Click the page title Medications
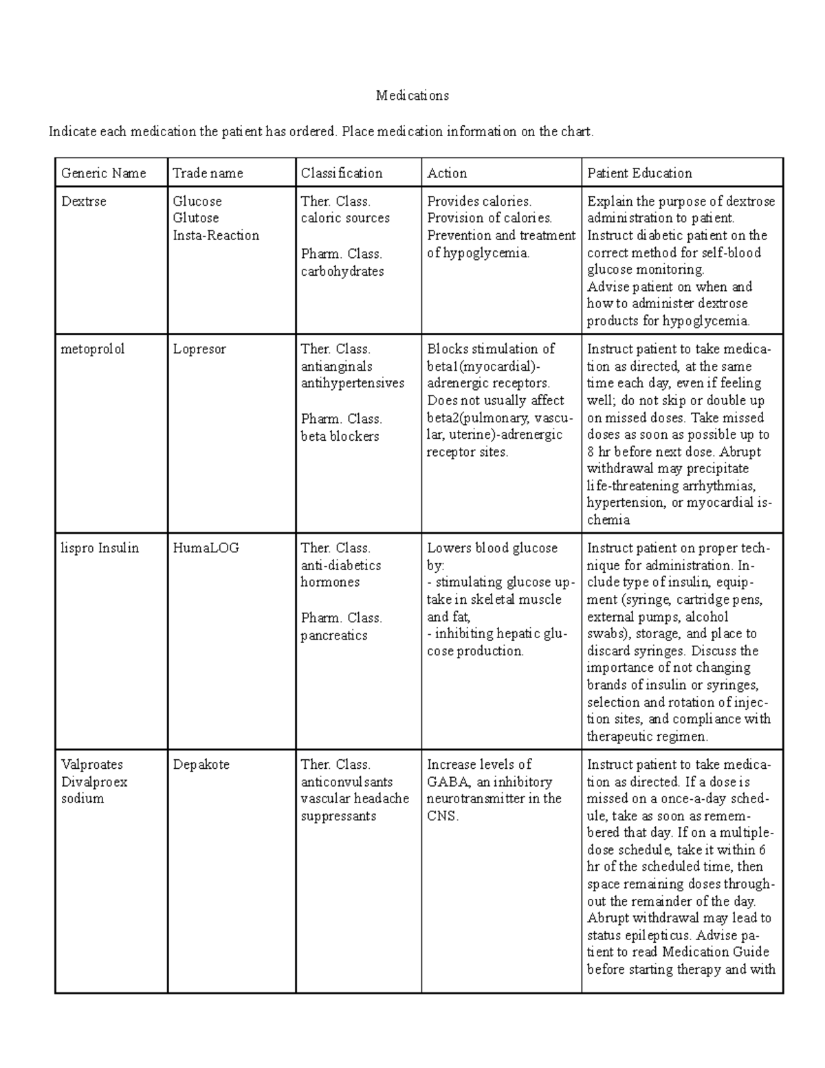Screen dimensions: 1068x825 pyautogui.click(x=412, y=96)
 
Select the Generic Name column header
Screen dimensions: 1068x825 pyautogui.click(x=103, y=173)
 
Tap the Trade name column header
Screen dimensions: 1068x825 pyautogui.click(x=208, y=173)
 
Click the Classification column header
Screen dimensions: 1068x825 pyautogui.click(x=341, y=173)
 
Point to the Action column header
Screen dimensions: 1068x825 pyautogui.click(x=447, y=173)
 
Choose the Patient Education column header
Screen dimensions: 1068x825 pyautogui.click(x=639, y=173)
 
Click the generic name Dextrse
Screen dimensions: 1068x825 pyautogui.click(x=83, y=201)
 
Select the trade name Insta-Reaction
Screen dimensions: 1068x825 pyautogui.click(x=216, y=235)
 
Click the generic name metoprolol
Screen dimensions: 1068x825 pyautogui.click(x=93, y=349)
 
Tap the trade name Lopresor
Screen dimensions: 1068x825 pyautogui.click(x=199, y=349)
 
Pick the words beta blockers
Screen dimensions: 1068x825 pyautogui.click(x=340, y=436)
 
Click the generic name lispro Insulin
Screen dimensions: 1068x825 pyautogui.click(x=100, y=548)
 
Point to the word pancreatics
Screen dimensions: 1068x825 pyautogui.click(x=334, y=635)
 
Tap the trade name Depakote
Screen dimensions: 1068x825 pyautogui.click(x=201, y=765)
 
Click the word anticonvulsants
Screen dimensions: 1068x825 pyautogui.click(x=346, y=782)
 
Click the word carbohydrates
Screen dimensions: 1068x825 pyautogui.click(x=342, y=271)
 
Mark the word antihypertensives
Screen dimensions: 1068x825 pyautogui.click(x=353, y=383)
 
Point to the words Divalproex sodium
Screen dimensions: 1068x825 pyautogui.click(x=93, y=790)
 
